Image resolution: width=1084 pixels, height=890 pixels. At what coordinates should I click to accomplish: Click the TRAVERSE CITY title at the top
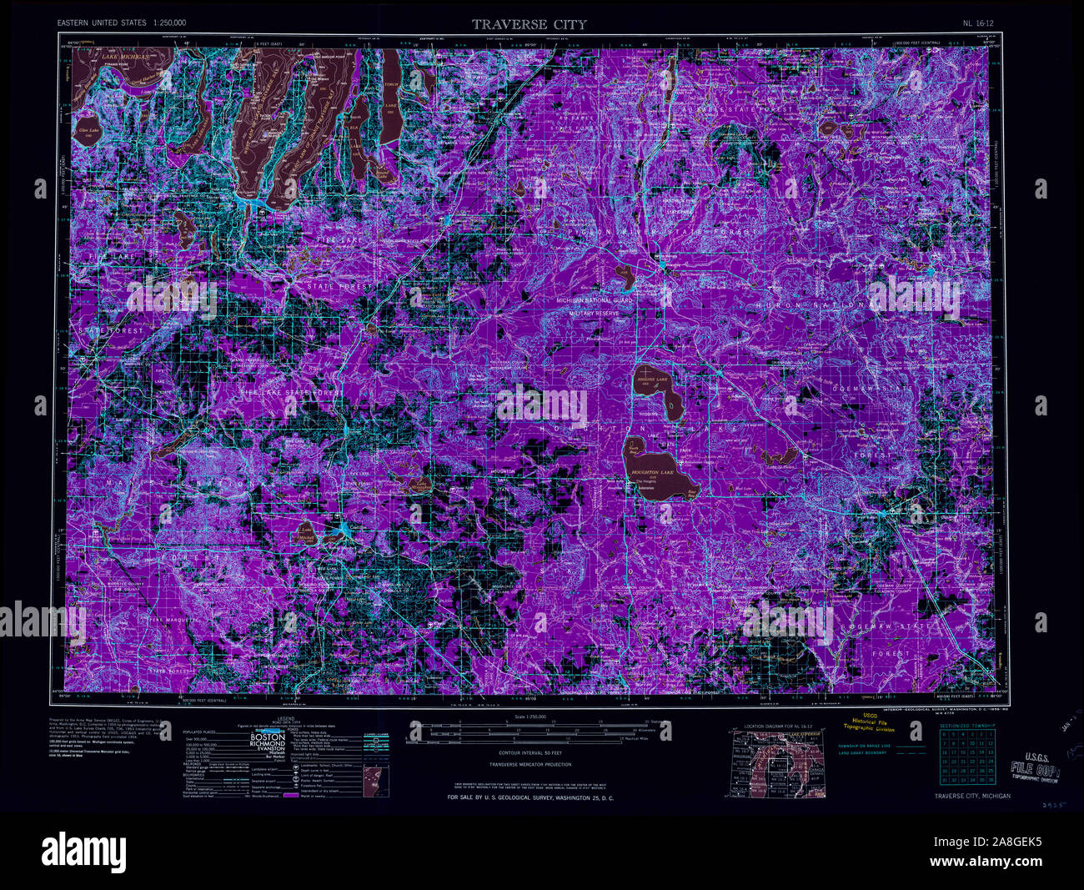(x=529, y=24)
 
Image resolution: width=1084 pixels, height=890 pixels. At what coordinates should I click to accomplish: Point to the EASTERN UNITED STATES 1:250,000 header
(x=122, y=23)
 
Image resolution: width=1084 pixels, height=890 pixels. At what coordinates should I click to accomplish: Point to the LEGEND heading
(x=286, y=717)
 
